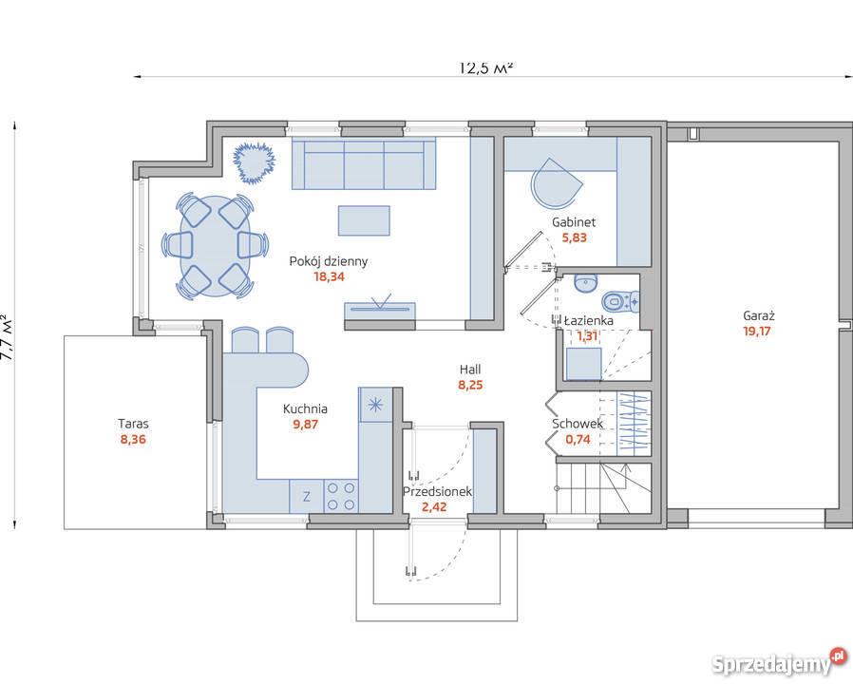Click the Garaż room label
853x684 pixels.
point(758,315)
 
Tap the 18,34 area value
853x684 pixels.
point(329,276)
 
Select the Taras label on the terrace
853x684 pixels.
point(133,424)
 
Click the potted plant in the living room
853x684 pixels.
point(254,162)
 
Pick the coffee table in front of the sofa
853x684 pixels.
point(364,220)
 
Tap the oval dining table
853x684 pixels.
point(216,246)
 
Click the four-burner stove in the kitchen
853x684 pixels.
point(341,496)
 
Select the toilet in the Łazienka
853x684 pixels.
point(620,301)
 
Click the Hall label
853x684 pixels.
point(470,370)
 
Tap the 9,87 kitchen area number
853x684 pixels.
point(305,425)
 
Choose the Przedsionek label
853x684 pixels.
point(437,492)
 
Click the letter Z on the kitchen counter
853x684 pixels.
point(307,496)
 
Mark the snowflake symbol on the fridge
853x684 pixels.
point(375,405)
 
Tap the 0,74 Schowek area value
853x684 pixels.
point(578,439)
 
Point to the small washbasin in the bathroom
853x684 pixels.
point(585,283)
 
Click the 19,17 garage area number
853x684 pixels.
point(757,331)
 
